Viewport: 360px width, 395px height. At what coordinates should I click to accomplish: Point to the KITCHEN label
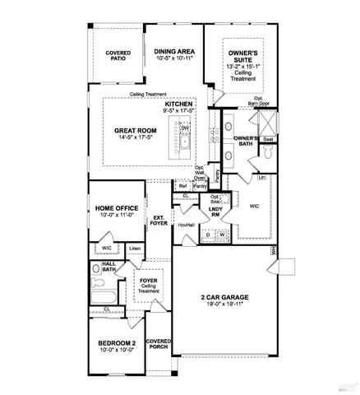pos(178,105)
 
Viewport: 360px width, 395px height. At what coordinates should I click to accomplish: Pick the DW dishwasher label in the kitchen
pos(185,128)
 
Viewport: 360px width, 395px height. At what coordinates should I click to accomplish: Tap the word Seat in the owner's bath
pos(268,140)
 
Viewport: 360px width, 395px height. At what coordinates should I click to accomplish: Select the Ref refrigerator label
pos(182,186)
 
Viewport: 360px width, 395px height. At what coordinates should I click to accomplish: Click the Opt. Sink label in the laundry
pos(215,199)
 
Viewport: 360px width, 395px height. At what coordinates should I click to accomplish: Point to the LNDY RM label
pos(216,212)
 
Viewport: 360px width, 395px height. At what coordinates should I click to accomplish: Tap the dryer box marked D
pos(208,235)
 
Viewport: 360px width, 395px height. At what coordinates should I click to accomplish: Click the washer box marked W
pos(222,235)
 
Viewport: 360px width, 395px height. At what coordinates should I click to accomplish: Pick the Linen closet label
pos(135,249)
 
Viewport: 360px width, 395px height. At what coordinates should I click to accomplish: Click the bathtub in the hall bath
pos(106,295)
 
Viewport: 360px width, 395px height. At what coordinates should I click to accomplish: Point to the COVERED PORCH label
pos(158,343)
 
